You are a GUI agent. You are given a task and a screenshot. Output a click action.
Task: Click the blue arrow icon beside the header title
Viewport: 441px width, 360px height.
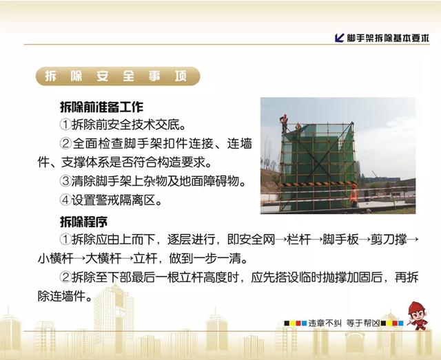point(340,38)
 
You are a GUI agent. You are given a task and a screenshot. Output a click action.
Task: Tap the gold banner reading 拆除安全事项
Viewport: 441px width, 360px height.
point(118,76)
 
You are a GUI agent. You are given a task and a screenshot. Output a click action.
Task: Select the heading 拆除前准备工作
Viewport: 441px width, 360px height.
point(101,107)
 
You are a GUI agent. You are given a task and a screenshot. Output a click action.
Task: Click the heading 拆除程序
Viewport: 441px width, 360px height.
point(83,222)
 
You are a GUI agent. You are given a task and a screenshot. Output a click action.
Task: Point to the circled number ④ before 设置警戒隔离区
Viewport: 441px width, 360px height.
point(65,200)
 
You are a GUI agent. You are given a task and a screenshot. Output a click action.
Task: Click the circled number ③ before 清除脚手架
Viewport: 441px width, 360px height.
point(65,181)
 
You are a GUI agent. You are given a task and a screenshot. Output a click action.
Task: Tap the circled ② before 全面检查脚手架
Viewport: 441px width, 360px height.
point(66,143)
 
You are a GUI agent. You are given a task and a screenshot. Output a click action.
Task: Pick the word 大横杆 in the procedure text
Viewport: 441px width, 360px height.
point(103,258)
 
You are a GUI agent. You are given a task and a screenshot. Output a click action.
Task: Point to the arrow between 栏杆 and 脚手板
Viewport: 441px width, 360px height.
point(316,240)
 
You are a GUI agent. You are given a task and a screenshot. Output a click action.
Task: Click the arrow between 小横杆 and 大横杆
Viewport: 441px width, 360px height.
point(79,259)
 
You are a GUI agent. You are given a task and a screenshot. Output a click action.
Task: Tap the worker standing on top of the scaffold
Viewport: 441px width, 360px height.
point(285,123)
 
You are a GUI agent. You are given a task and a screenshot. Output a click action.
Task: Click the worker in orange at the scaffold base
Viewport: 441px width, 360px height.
point(353,195)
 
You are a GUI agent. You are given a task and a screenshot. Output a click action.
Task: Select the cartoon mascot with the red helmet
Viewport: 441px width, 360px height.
point(418,316)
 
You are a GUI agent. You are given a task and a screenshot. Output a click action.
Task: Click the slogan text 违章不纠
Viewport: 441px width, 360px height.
point(325,324)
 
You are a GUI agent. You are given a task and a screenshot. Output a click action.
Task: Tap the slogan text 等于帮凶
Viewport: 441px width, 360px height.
point(363,324)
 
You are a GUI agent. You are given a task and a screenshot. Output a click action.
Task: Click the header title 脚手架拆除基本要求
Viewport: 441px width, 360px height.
point(388,38)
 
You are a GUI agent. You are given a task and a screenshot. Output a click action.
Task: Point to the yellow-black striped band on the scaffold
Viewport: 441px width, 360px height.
point(317,184)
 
